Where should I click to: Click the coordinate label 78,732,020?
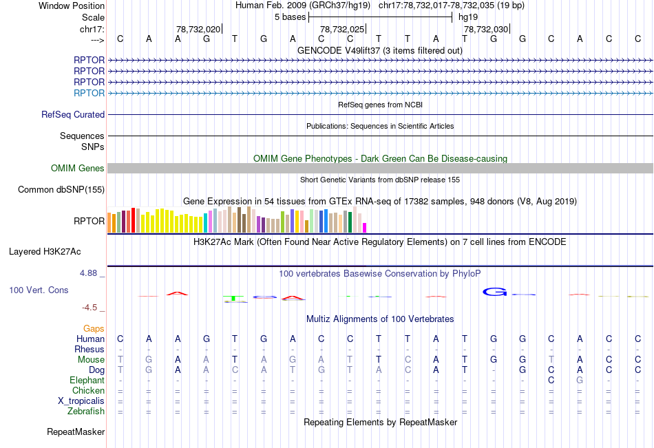198,29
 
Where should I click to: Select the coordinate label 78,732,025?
342,29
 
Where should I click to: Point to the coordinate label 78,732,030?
486,29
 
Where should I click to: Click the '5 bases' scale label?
290,17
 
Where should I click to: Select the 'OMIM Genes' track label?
78,169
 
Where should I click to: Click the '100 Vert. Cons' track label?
39,290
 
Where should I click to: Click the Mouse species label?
91,360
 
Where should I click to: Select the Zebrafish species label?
87,412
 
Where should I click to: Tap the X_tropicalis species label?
81,401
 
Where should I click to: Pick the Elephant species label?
87,381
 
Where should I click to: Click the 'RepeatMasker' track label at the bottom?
76,432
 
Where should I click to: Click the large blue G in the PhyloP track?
494,292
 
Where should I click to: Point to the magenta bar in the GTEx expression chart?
365,227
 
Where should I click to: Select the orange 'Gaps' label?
94,329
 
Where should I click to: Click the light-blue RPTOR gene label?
89,93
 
